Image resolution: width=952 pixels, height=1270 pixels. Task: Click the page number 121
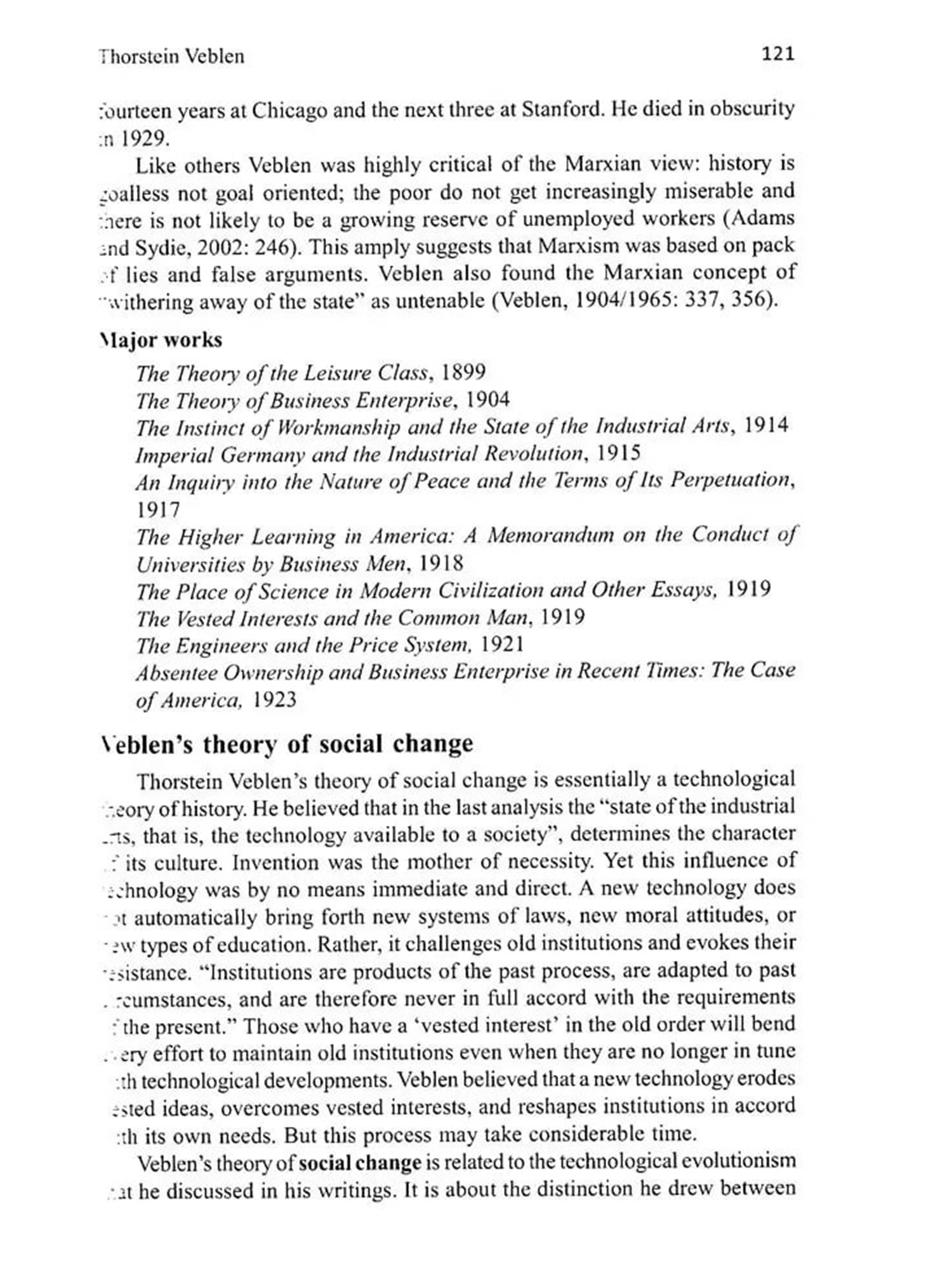(777, 54)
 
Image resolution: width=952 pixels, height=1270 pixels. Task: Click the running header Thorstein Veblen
(171, 57)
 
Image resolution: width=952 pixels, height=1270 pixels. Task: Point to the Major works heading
(161, 340)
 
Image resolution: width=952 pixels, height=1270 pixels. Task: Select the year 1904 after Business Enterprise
(487, 399)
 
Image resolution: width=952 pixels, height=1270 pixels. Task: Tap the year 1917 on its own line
(158, 509)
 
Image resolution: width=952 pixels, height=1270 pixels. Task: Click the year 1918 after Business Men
(442, 563)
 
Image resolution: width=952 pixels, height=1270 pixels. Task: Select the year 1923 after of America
(274, 700)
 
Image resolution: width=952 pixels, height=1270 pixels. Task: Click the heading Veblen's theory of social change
(287, 744)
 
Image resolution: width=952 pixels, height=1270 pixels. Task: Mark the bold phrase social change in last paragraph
(360, 1163)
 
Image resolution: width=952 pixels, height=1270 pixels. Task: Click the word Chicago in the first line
(289, 110)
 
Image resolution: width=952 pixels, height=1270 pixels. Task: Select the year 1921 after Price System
(502, 645)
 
